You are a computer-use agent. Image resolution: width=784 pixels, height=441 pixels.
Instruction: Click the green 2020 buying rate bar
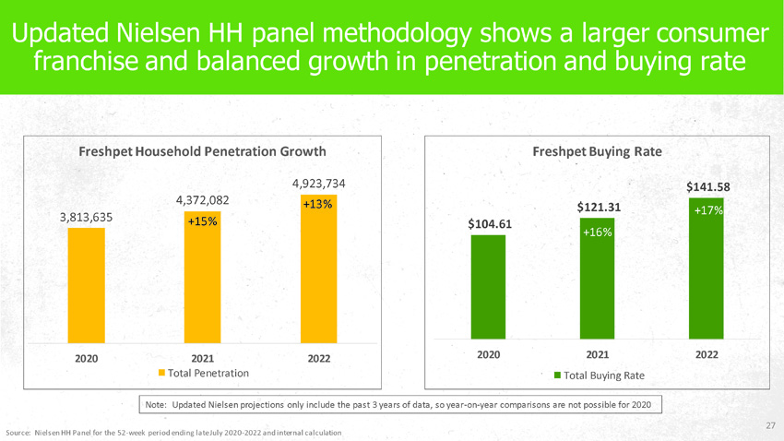click(488, 287)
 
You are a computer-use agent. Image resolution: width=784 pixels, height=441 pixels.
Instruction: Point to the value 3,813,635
click(86, 217)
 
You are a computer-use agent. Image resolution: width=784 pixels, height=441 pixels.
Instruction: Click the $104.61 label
click(490, 223)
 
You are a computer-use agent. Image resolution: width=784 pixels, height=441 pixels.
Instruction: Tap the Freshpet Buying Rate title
click(597, 151)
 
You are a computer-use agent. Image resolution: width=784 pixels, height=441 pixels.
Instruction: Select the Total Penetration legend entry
click(204, 374)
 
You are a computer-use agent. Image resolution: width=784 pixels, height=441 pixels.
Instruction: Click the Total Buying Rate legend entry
click(599, 375)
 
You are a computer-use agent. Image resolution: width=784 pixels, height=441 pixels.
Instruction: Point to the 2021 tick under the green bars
click(597, 354)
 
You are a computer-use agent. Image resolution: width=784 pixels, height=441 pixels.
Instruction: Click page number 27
click(771, 425)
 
